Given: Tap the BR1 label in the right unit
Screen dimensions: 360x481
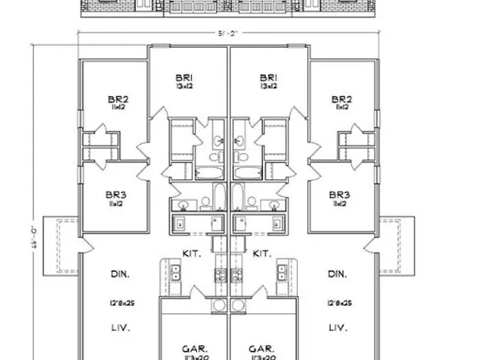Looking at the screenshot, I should (x=270, y=77).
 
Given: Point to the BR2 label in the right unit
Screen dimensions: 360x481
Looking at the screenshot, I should (x=341, y=101).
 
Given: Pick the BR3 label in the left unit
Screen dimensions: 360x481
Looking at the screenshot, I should (x=115, y=195).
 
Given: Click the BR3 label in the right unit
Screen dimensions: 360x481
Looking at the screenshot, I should (x=340, y=195).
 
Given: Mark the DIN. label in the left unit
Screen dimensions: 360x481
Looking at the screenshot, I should (x=119, y=274).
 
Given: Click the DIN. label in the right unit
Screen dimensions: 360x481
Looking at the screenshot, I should (x=338, y=274).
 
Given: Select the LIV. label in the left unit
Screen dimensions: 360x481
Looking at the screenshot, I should (x=119, y=328).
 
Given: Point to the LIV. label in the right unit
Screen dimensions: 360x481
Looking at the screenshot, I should (x=338, y=328).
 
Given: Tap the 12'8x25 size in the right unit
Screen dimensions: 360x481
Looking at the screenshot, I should (x=338, y=303).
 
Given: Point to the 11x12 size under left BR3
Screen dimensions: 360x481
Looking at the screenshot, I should (x=115, y=205).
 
